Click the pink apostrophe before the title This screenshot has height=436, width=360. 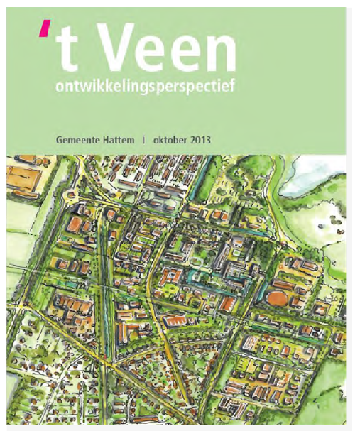pos(45,29)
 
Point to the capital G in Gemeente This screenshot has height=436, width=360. pos(60,141)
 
